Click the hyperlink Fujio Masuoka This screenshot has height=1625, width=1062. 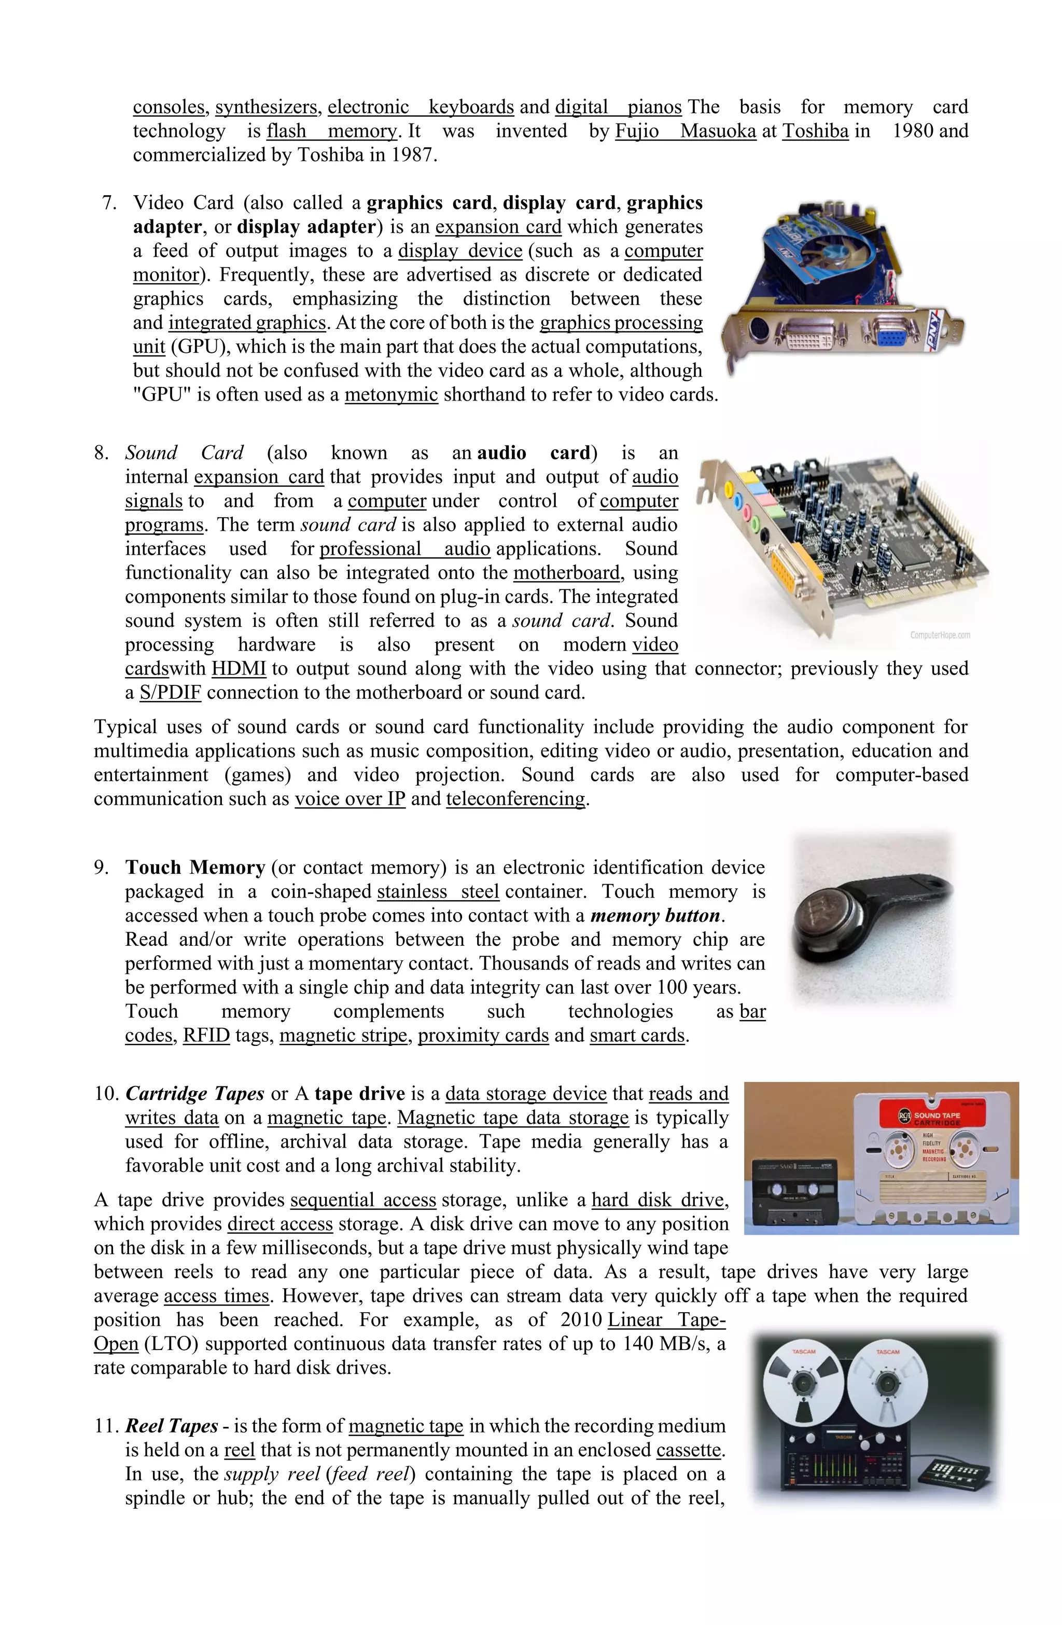(x=684, y=131)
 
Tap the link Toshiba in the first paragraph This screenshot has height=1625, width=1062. (x=815, y=131)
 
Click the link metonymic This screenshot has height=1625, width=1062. (x=390, y=395)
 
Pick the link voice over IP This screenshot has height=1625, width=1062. (x=350, y=799)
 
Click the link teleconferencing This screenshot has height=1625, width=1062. (x=515, y=799)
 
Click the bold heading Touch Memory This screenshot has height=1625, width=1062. (x=194, y=868)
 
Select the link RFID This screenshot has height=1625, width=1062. (x=206, y=1035)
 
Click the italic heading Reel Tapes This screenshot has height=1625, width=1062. (x=171, y=1426)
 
